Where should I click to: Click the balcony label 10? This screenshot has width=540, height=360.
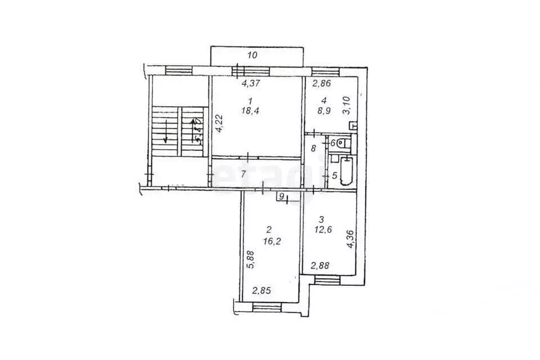253,55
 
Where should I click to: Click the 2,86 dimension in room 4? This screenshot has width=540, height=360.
321,85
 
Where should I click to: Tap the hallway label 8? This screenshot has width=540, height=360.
313,148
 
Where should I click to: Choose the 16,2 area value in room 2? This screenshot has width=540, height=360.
269,239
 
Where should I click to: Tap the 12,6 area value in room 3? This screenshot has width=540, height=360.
323,228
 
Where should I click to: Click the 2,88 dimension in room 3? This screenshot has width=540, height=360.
321,265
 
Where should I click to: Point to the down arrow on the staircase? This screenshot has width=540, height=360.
165,134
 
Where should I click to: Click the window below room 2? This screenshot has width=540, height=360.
267,306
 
